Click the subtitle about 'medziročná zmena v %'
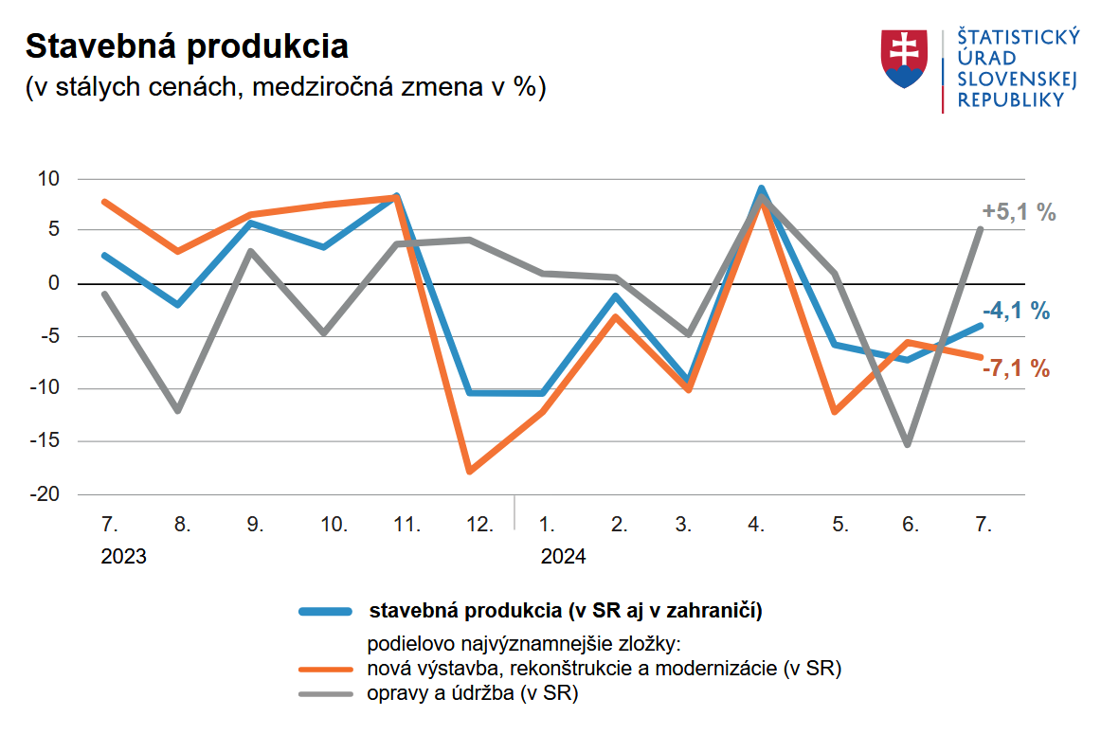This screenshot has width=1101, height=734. tap(284, 87)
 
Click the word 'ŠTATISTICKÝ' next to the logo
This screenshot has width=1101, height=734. tap(1018, 38)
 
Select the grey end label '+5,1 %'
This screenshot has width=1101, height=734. tap(1019, 213)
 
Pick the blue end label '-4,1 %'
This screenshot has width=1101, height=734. tap(1016, 311)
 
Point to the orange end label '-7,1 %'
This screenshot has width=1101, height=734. tap(1015, 369)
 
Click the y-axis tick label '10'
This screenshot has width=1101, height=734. tap(48, 178)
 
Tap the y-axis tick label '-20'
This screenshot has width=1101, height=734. tap(45, 494)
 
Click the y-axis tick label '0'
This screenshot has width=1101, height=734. tap(54, 283)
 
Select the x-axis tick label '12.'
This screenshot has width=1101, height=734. tap(479, 525)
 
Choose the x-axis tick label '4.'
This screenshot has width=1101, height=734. tap(756, 525)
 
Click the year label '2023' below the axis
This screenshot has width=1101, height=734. tap(123, 556)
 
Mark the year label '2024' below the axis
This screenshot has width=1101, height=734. tap(563, 556)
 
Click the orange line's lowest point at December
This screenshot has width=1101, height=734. tap(469, 471)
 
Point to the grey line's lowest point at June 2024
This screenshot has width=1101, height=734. tap(908, 444)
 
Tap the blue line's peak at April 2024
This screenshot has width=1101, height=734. tap(761, 188)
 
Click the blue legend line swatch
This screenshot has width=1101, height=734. tap(326, 610)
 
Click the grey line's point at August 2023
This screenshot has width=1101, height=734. tap(177, 410)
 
